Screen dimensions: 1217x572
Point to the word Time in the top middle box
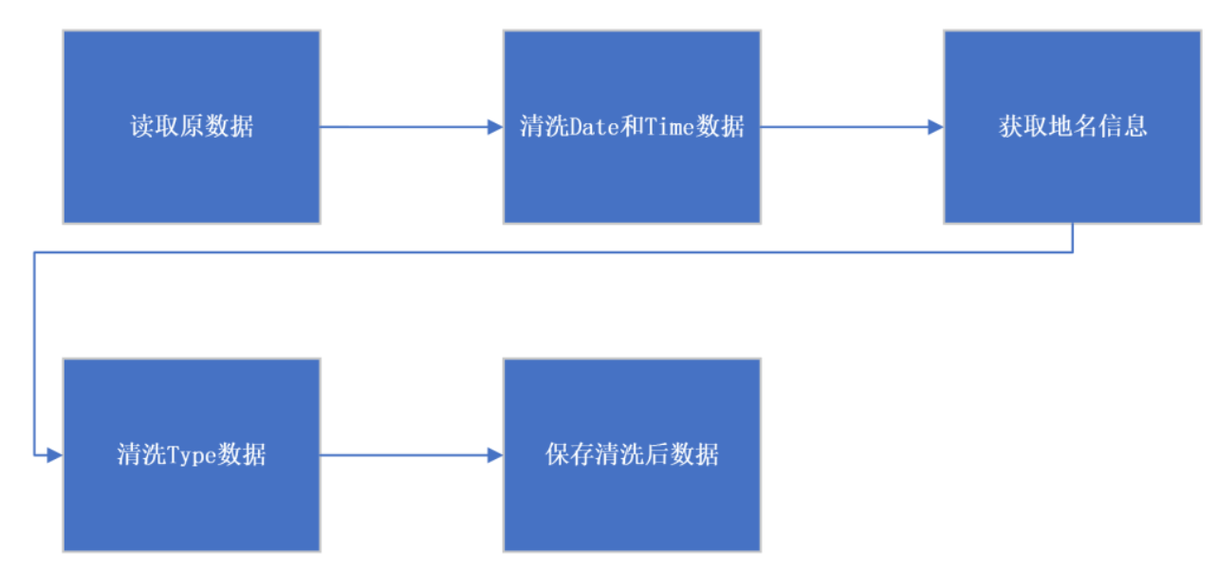671,127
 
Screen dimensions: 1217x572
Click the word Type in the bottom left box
192,455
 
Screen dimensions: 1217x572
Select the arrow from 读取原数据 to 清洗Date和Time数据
408,127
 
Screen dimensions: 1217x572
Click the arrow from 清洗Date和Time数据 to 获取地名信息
849,127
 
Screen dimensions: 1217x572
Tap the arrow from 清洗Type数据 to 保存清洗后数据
408,455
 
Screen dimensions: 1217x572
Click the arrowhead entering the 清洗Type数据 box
54,455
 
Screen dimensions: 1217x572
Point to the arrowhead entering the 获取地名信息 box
935,127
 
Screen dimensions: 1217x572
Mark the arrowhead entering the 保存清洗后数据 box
495,455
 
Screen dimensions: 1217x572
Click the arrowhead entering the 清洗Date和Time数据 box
495,127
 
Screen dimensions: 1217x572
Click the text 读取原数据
192,127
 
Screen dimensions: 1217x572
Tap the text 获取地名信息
1073,127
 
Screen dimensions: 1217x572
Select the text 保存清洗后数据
632,455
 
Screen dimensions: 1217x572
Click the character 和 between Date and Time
632,127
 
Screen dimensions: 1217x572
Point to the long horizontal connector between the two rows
550,252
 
